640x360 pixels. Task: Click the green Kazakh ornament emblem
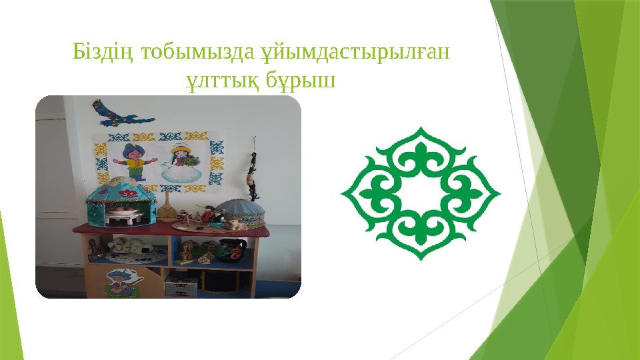[421, 193]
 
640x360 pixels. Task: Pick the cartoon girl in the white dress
[181, 164]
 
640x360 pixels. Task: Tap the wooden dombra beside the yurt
[166, 207]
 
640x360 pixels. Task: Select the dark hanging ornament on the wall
[253, 170]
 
